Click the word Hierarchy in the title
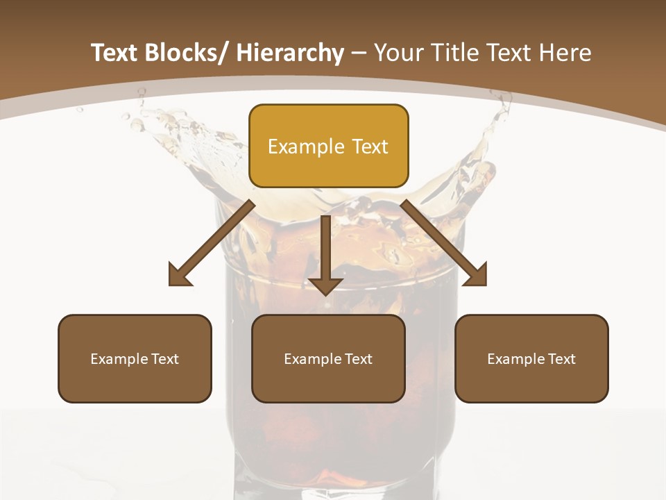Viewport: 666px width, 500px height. coord(289,53)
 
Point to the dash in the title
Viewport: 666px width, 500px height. coord(359,53)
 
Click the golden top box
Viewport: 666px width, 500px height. coord(328,146)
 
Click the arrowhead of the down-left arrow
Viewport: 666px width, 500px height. coord(180,274)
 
